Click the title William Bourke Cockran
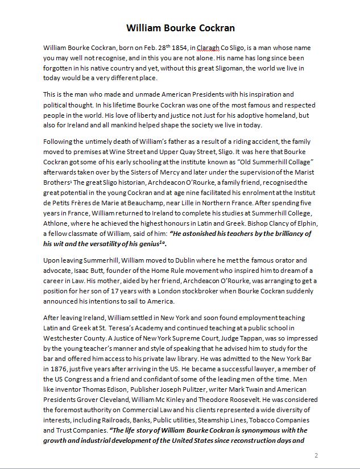click(180, 28)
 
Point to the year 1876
click(53, 358)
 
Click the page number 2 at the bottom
click(316, 455)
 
